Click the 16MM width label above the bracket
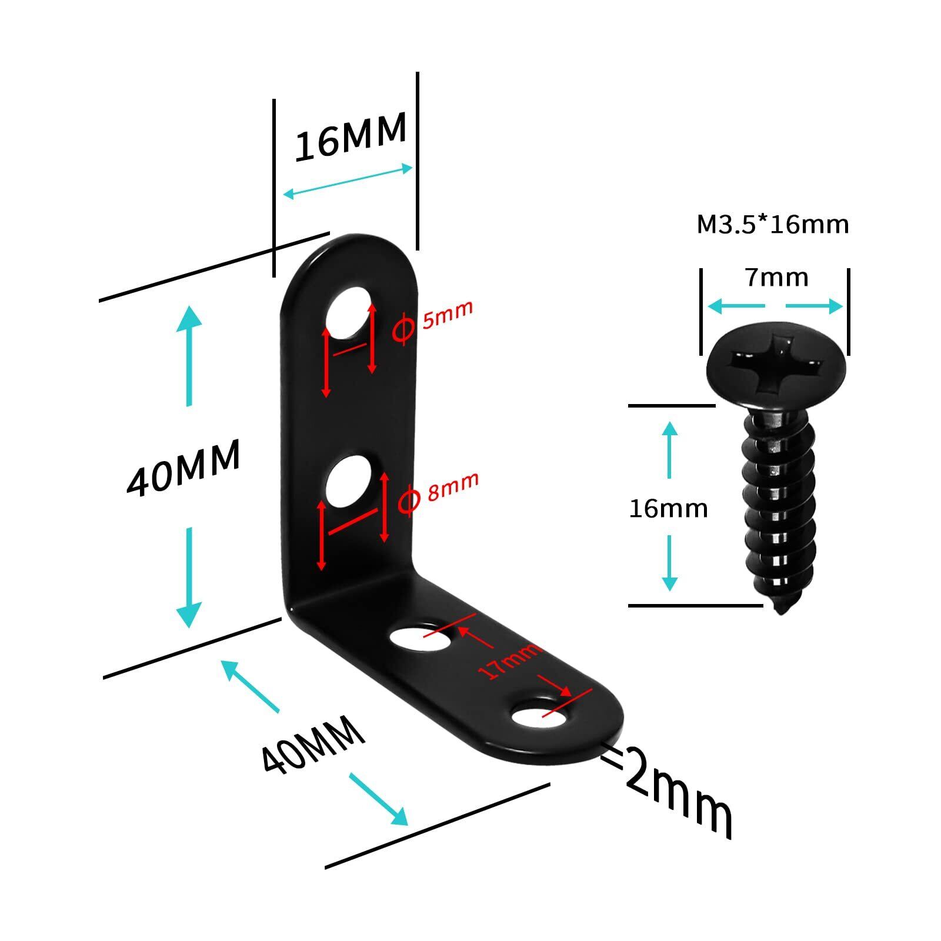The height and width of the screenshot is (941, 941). coord(351,136)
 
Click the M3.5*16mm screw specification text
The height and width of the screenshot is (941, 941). coord(773,225)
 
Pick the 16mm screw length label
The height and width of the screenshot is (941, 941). coord(668,508)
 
